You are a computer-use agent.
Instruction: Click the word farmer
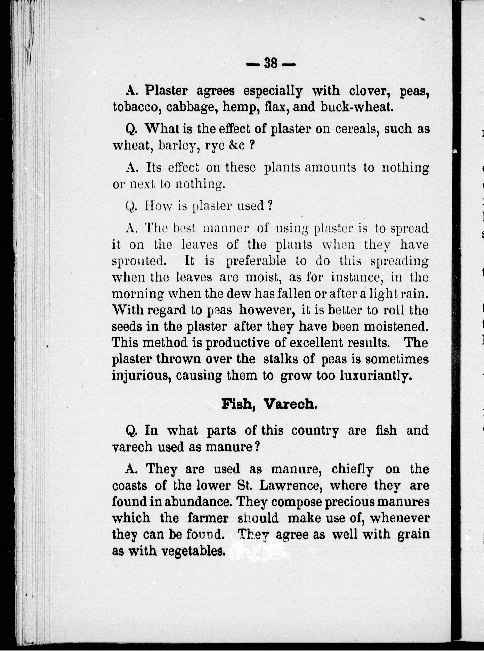point(208,518)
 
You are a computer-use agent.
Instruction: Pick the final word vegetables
point(193,551)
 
